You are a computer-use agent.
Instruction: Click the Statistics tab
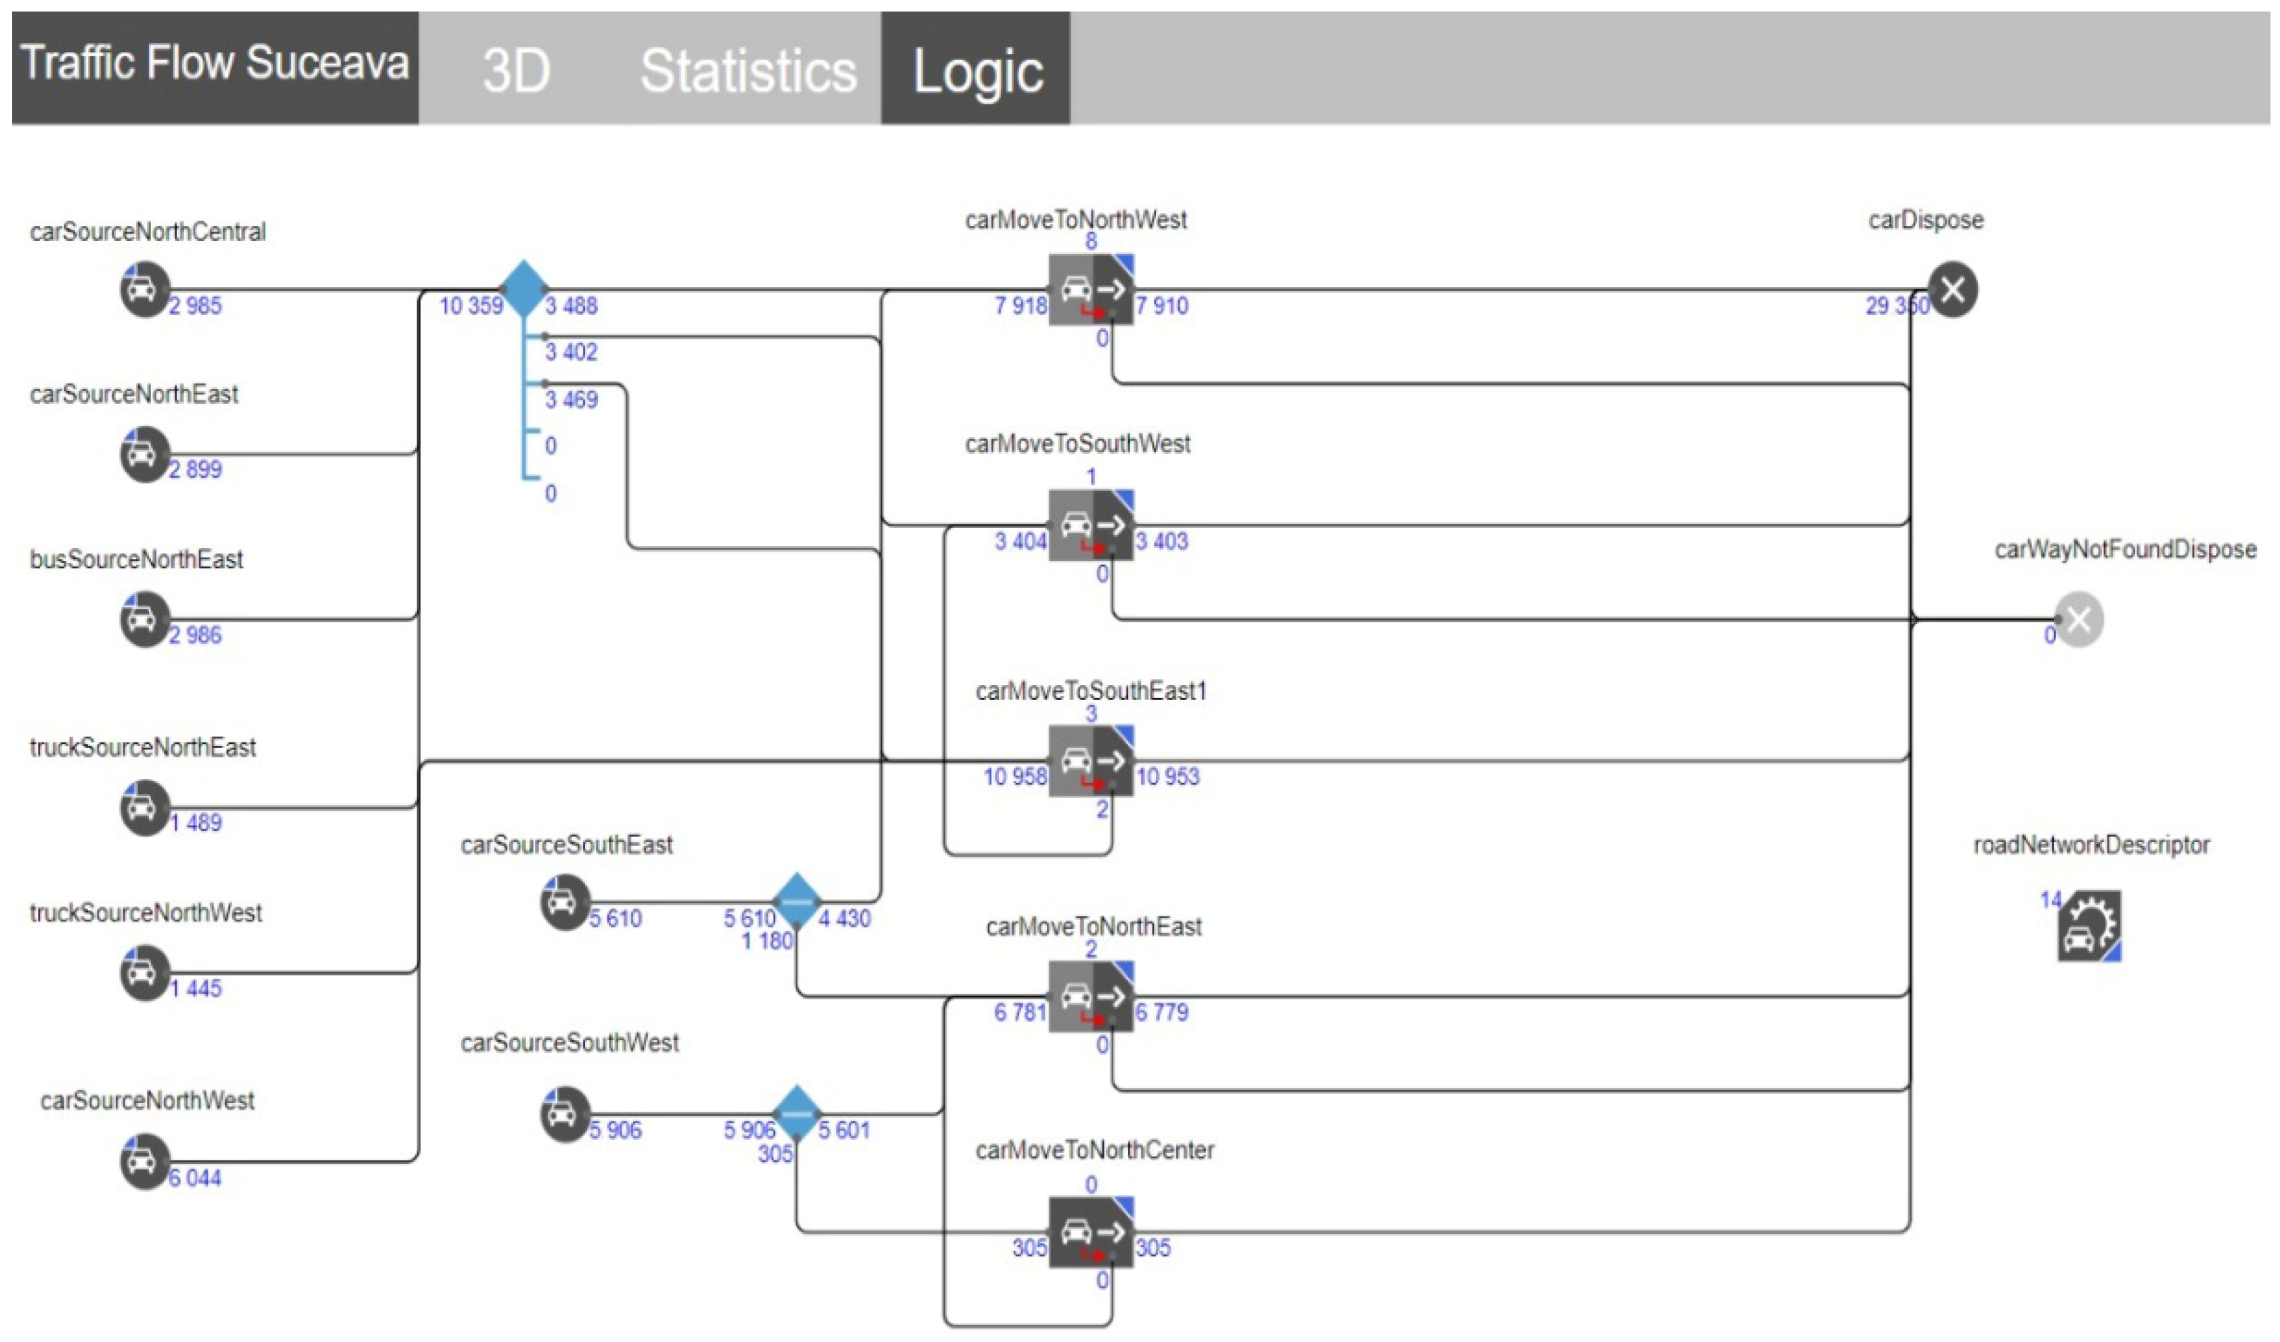(748, 70)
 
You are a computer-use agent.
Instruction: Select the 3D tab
(516, 70)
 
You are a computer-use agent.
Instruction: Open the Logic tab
(977, 70)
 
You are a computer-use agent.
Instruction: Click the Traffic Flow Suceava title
(215, 64)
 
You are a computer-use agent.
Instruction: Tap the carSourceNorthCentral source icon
(144, 289)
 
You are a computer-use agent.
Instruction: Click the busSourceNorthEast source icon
(144, 619)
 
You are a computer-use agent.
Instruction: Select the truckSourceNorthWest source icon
(144, 973)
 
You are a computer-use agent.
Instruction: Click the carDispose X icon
(1952, 289)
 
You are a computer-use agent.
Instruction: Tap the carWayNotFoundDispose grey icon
(2078, 619)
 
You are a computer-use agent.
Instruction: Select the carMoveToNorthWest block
(1091, 289)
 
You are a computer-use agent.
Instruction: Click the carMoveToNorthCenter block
(1091, 1232)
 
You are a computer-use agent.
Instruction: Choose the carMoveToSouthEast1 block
(1091, 760)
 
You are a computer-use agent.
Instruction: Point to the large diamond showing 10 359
(524, 289)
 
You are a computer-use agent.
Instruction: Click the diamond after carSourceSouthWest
(797, 1113)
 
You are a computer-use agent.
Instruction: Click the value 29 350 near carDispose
(1896, 306)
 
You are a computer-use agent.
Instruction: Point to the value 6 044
(196, 1178)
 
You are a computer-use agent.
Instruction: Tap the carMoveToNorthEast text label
(1093, 927)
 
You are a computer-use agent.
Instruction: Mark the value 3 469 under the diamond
(571, 399)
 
